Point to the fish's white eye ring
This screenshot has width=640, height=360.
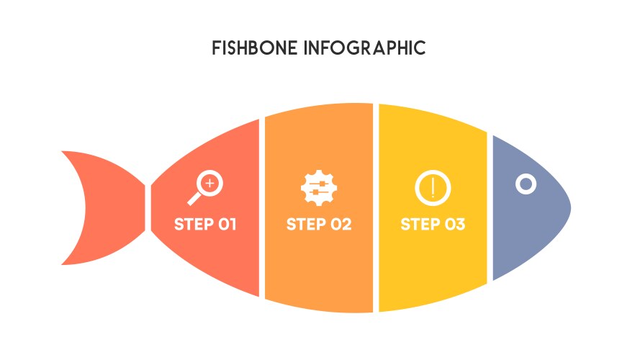[x=526, y=184]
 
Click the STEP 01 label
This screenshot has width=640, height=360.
[x=205, y=224]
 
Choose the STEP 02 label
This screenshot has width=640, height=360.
[x=319, y=224]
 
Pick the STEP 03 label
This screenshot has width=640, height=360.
[x=433, y=224]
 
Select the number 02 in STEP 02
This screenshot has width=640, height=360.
[x=341, y=224]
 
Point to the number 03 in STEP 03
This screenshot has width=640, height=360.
[x=455, y=224]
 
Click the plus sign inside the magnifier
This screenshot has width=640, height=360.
[x=210, y=184]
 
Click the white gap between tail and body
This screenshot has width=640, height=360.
[x=148, y=207]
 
